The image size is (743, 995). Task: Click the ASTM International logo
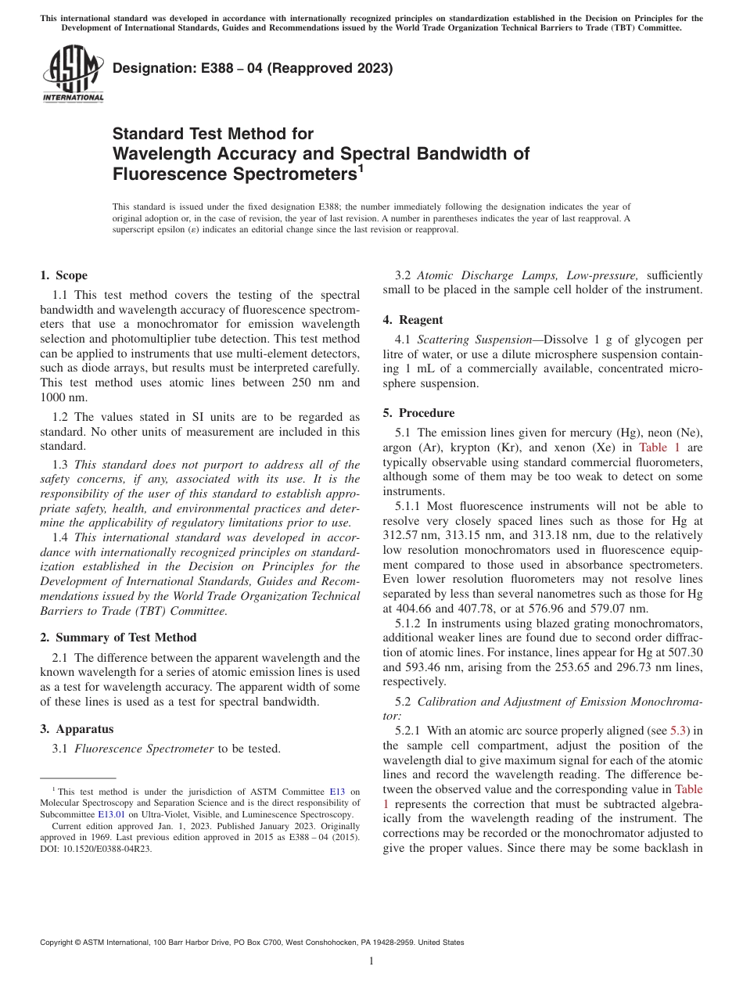pyautogui.click(x=73, y=74)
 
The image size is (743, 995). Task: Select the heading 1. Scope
pyautogui.click(x=63, y=275)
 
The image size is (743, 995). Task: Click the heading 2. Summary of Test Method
pyautogui.click(x=118, y=638)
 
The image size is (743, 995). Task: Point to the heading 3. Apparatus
pyautogui.click(x=77, y=729)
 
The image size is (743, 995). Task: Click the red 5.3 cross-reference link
pyautogui.click(x=678, y=731)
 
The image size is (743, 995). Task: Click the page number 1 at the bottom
pyautogui.click(x=371, y=961)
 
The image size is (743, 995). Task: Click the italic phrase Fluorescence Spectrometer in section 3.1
pyautogui.click(x=144, y=749)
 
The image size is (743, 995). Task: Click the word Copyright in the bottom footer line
pyautogui.click(x=59, y=943)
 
